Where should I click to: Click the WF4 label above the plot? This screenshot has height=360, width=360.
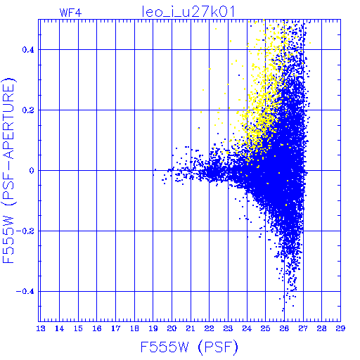(71, 13)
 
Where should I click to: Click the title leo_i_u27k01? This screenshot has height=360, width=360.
(188, 12)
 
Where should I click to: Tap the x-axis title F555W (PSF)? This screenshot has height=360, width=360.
(189, 347)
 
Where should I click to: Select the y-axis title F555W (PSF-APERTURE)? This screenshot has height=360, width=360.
(8, 171)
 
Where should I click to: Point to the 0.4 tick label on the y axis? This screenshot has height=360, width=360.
(28, 50)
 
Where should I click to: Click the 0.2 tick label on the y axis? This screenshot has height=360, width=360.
(28, 110)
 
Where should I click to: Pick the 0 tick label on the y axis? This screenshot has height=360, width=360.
(32, 171)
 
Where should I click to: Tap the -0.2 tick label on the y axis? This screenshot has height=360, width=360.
(25, 231)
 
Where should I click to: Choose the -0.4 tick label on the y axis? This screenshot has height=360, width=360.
(25, 292)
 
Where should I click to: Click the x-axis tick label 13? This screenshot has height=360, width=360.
(41, 328)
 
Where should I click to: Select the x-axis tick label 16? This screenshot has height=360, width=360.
(97, 328)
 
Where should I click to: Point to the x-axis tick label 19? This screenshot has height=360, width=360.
(153, 328)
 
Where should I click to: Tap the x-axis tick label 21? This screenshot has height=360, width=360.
(191, 328)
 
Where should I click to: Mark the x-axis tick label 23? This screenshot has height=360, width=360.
(228, 328)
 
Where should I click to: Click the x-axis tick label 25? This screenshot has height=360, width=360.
(266, 328)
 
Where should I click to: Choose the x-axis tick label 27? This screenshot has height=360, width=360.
(303, 328)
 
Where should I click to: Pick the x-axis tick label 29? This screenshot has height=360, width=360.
(340, 328)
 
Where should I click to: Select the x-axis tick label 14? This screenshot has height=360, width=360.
(60, 328)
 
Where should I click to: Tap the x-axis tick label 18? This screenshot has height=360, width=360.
(134, 328)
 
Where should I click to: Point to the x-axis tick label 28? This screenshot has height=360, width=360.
(322, 328)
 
